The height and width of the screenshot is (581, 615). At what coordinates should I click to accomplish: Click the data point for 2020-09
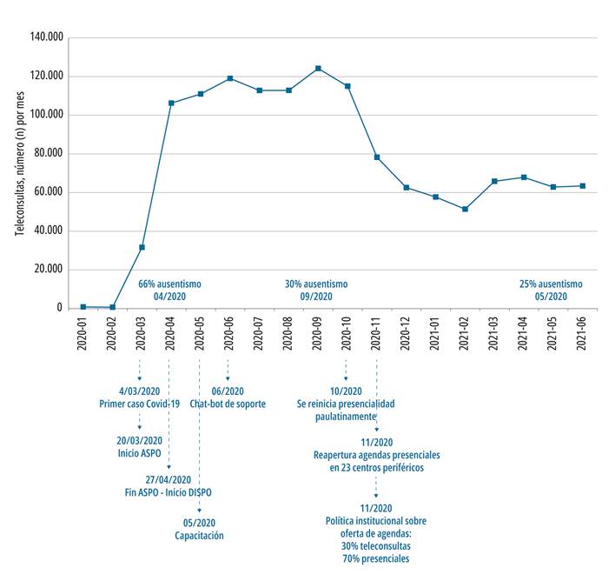[318, 69]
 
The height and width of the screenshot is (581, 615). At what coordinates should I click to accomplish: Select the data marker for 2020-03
[142, 247]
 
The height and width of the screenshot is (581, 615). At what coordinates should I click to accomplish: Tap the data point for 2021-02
[466, 209]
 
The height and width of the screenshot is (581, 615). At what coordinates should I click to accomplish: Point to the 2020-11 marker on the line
[377, 157]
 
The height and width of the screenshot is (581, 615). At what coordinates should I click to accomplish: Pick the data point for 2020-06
[230, 78]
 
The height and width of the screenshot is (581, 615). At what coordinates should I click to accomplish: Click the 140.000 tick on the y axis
[46, 37]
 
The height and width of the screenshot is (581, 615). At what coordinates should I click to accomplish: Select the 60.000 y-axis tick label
[49, 191]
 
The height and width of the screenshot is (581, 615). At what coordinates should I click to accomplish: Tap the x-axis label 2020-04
[170, 333]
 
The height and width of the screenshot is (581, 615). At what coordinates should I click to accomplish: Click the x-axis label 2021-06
[581, 333]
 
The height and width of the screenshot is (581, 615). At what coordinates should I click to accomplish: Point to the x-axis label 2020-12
[405, 333]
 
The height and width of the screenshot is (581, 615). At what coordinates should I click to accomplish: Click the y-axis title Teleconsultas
[20, 207]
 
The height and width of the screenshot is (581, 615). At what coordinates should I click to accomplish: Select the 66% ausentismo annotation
[169, 284]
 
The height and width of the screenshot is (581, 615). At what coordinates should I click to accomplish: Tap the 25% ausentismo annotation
[551, 284]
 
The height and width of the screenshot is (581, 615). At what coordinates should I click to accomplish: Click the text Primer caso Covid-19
[139, 404]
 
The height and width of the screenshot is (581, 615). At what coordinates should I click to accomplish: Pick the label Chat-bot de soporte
[228, 404]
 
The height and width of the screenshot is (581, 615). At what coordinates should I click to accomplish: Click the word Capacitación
[199, 536]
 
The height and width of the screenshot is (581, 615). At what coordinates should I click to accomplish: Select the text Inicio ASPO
[139, 453]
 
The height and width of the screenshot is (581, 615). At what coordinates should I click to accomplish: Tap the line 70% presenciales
[376, 558]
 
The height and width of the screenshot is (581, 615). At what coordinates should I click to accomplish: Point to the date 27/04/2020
[169, 479]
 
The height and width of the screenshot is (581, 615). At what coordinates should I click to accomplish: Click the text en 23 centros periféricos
[376, 468]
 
